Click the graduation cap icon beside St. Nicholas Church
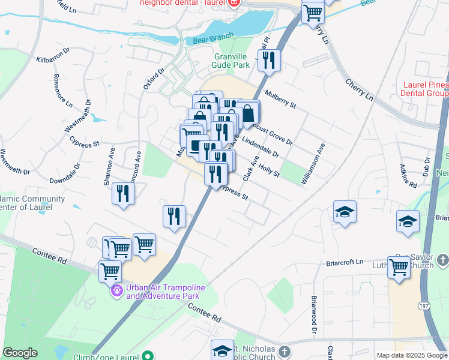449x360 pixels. click(x=222, y=350)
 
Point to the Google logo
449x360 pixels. click(x=20, y=353)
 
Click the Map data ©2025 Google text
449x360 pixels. click(x=411, y=355)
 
